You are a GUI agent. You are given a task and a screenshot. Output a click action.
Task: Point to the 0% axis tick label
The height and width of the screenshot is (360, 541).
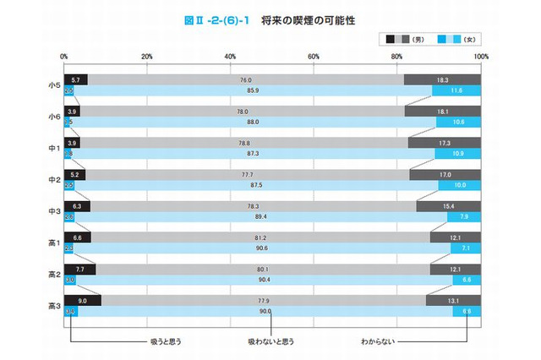point(65,57)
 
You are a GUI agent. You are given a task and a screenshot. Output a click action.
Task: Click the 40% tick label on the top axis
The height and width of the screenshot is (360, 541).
point(231,57)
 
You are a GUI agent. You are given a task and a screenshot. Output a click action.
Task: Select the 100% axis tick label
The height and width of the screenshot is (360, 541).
point(481,57)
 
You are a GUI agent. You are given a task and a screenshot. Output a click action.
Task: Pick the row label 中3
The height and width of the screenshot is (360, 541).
point(54,210)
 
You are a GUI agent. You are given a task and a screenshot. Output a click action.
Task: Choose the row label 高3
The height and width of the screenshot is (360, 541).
point(54,305)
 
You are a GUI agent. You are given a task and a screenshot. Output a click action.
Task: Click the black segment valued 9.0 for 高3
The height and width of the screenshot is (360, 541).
point(83,300)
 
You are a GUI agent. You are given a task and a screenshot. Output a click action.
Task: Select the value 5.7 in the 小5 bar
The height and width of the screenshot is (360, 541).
point(76,79)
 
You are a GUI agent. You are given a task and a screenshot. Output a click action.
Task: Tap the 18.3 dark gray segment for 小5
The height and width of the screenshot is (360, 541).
point(443,79)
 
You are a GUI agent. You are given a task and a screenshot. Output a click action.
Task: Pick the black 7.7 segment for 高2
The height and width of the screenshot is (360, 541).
point(80,269)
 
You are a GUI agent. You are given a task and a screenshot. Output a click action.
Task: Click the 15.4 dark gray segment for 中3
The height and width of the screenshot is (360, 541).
point(449,205)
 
